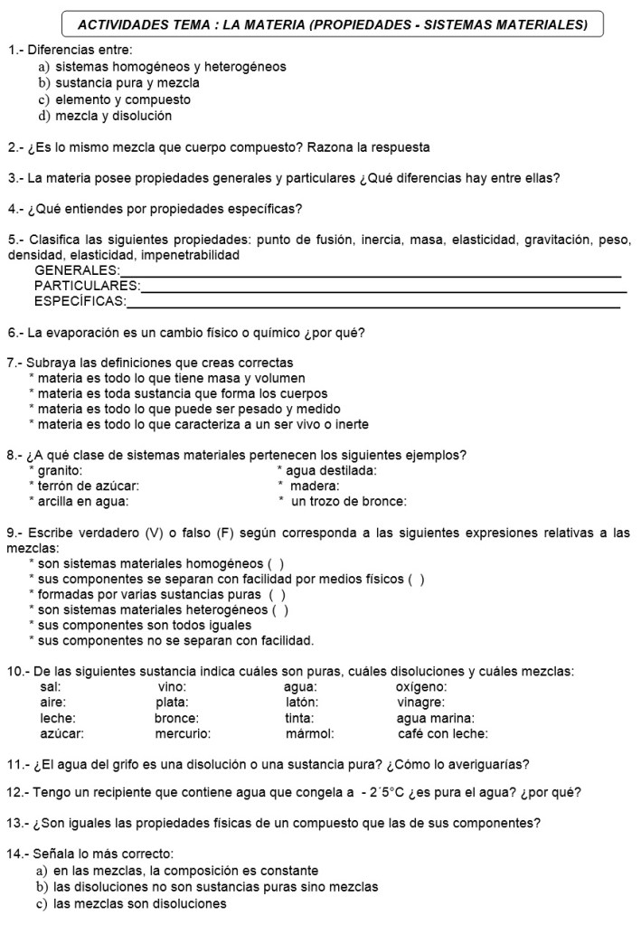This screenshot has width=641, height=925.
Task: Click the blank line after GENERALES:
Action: tap(371, 275)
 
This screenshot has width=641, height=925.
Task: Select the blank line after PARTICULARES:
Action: tap(383, 291)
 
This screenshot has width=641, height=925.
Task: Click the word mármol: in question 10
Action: tap(310, 733)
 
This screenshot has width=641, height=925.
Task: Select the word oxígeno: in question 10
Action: tap(421, 687)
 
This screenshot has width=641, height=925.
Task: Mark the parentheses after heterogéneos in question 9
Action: tap(280, 609)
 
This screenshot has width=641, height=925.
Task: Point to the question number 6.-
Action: tap(15, 333)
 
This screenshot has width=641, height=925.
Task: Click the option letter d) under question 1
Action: tap(42, 116)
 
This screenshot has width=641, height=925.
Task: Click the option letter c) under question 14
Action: tap(42, 903)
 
